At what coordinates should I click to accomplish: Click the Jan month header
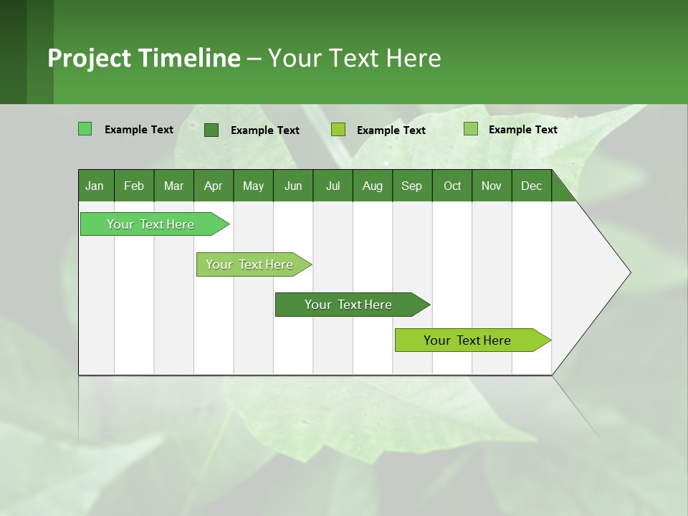point(95,186)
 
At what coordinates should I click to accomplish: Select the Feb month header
point(134,186)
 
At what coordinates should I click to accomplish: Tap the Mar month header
point(173,186)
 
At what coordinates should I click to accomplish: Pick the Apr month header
point(214,186)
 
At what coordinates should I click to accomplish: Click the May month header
point(253,186)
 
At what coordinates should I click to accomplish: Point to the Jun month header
point(293,186)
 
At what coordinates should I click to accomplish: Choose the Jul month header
point(333,186)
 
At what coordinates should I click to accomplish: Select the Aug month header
point(373,186)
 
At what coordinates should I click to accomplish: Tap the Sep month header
point(412,186)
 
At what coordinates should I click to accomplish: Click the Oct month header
point(452,186)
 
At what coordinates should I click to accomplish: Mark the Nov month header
point(492,186)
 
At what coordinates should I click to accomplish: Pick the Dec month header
point(532,186)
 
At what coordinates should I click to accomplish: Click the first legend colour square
point(85,129)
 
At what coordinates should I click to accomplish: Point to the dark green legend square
point(211,130)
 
